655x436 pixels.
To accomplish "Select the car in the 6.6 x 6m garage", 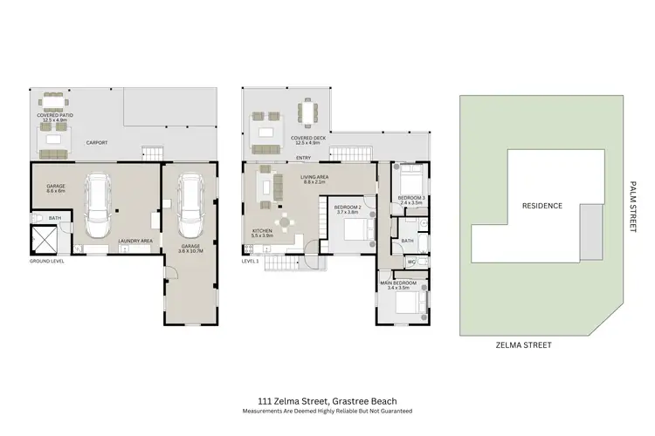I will click(100, 207).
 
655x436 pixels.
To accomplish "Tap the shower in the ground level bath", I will click(44, 238).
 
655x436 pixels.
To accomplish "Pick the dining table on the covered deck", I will click(310, 113).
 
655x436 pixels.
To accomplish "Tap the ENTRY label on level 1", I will click(304, 158).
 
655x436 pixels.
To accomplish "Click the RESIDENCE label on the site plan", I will click(541, 206).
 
